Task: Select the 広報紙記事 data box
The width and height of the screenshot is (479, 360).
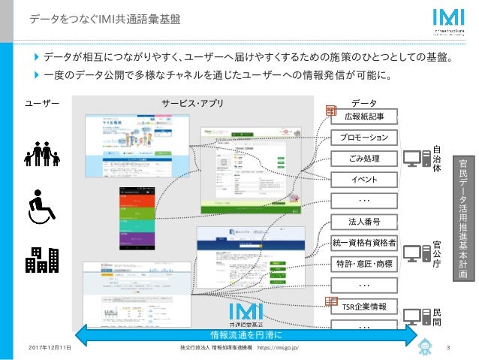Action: [364, 116]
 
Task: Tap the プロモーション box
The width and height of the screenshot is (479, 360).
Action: [364, 138]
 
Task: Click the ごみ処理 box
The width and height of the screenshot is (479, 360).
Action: [364, 159]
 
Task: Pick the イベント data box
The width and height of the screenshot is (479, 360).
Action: [364, 180]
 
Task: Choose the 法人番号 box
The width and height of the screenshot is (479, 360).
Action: [364, 222]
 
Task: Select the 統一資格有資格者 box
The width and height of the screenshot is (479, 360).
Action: [364, 243]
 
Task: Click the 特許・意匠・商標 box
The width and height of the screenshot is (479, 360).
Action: [364, 264]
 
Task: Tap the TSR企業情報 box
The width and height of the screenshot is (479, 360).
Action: [364, 307]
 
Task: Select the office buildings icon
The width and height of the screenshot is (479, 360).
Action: [42, 259]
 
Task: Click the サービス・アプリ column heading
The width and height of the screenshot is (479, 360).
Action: [192, 102]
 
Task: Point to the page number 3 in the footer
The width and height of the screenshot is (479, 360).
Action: [447, 347]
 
